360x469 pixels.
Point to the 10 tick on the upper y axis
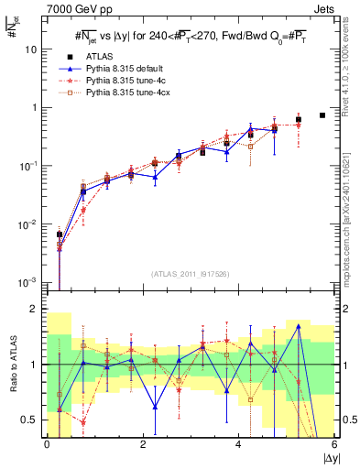click(x=30, y=49)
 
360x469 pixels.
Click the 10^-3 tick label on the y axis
click(x=27, y=283)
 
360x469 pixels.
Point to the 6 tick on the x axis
click(x=334, y=446)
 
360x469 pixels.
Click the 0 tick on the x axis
click(x=47, y=446)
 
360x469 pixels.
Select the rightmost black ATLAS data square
click(x=322, y=115)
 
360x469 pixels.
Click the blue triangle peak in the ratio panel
click(x=299, y=325)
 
